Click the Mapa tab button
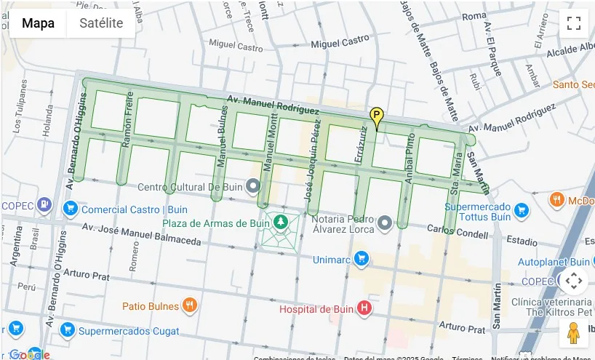(38, 23)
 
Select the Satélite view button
(101, 23)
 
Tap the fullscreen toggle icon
(573, 23)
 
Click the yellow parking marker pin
(376, 116)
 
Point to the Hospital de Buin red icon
(364, 309)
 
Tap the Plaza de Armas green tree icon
(280, 221)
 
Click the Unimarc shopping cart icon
(362, 259)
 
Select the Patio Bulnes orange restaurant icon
(189, 305)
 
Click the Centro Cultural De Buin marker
(253, 187)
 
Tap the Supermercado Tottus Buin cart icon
(521, 212)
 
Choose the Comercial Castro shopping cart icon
(71, 209)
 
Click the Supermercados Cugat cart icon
(68, 331)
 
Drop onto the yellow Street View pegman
(573, 332)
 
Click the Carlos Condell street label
(456, 230)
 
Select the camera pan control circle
(573, 280)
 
